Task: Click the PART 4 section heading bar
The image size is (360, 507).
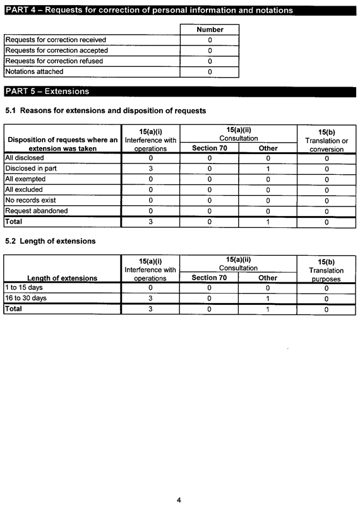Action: pos(149,11)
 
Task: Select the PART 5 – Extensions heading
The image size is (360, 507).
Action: pos(47,92)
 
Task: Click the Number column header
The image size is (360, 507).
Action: pos(210,30)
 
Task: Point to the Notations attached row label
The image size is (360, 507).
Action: pos(36,72)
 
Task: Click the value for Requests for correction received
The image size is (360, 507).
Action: pos(210,40)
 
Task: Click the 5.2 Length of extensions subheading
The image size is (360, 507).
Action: pos(51,241)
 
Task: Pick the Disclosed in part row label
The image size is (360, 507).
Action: pos(31,169)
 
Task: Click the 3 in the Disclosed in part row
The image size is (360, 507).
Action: pos(150,169)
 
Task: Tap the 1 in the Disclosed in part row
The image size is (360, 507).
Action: pos(268,169)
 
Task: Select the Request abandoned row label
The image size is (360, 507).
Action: pos(36,211)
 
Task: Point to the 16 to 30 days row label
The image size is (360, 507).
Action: pos(26,298)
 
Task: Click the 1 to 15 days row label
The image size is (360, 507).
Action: pos(24,287)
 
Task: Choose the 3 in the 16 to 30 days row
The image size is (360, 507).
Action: pos(150,298)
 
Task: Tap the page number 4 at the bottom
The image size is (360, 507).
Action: pos(179,500)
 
